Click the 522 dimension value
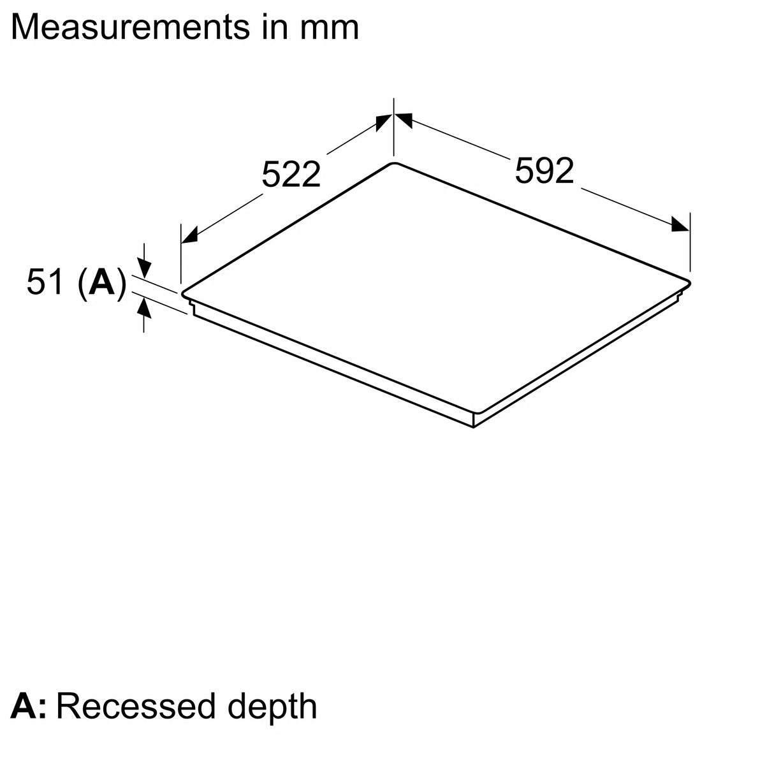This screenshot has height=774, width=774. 291,174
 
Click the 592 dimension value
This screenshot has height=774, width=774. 544,171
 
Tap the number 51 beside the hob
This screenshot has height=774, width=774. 46,282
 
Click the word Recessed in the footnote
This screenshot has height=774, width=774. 136,706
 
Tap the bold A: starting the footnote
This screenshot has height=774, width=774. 27,706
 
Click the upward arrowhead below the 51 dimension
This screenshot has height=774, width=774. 144,309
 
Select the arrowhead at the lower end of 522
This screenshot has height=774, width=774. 189,236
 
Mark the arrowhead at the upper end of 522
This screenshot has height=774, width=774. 384,122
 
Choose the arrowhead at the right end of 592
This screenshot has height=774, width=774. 680,224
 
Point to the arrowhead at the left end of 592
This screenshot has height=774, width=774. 404,119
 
